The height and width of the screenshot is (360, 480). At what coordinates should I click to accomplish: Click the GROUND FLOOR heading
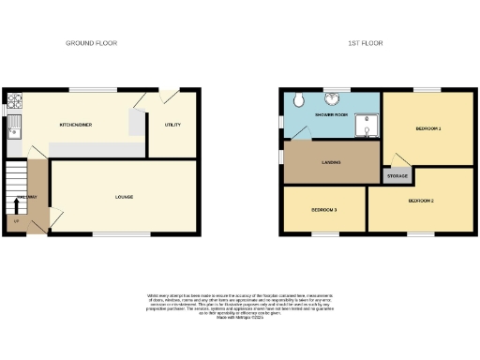tap(91, 44)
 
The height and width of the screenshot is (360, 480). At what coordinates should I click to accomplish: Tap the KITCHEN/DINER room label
tap(75, 123)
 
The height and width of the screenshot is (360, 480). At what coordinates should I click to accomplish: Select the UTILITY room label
tap(172, 124)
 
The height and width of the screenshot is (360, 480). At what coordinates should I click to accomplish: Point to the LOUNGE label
tap(124, 197)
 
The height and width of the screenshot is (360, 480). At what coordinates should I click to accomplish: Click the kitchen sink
tap(13, 128)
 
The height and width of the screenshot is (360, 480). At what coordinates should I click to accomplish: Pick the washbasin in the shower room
tap(332, 99)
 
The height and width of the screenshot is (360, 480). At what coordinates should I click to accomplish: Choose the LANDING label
tap(330, 162)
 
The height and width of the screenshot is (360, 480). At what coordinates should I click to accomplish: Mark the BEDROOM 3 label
tap(324, 210)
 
